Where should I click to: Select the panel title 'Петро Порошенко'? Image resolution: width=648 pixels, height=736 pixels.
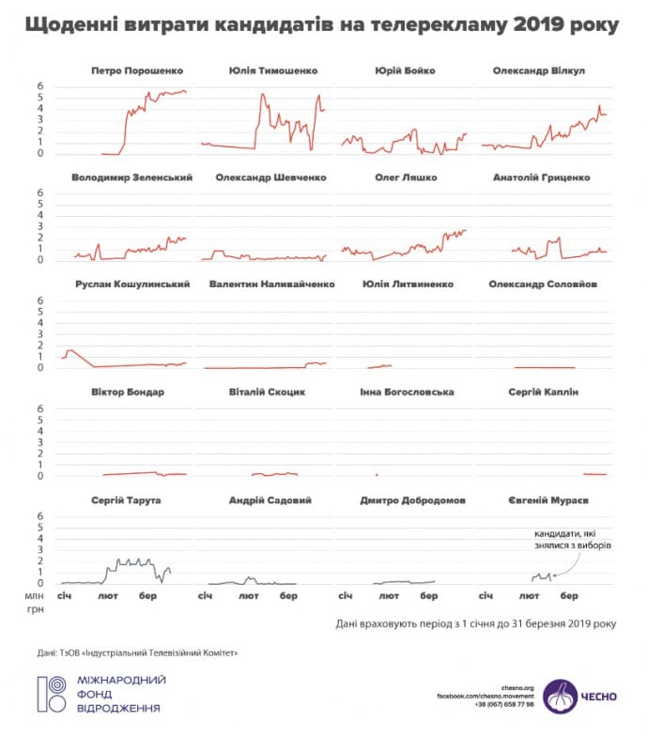point(137,70)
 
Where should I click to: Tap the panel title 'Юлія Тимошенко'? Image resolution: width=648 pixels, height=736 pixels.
point(272,70)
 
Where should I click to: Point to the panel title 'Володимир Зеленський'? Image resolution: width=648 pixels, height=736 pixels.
point(132,177)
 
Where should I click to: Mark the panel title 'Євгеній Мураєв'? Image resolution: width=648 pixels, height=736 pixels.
point(545,500)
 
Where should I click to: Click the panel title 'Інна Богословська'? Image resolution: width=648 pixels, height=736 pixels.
point(407,392)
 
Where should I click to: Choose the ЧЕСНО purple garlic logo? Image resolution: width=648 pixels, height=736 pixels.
point(562,697)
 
